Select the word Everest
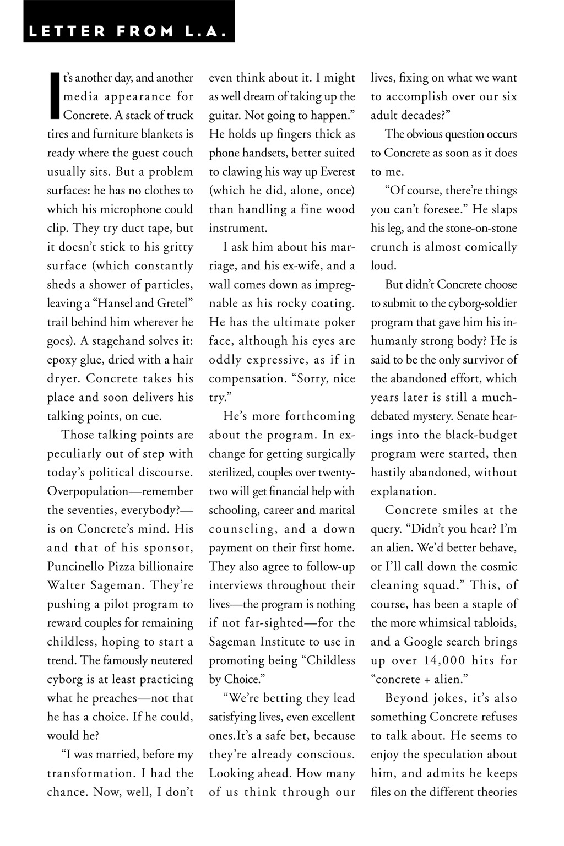[335, 172]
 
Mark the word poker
[339, 322]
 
